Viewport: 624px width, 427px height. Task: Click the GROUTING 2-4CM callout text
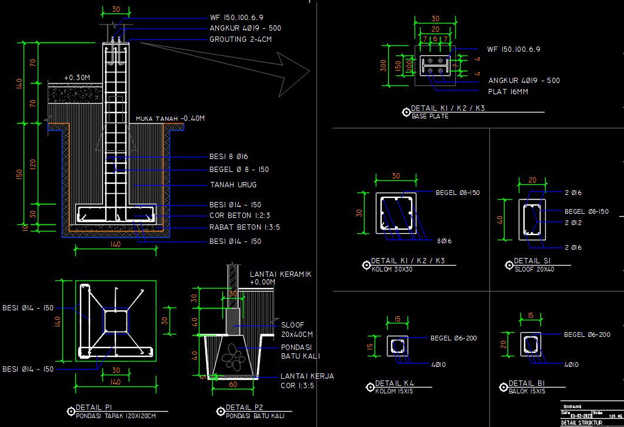tap(240, 39)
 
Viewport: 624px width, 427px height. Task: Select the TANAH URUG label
tap(233, 185)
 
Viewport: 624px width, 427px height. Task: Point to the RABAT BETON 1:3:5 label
tap(245, 227)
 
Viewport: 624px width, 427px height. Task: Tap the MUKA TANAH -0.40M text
tap(170, 118)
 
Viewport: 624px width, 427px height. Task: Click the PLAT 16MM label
tap(508, 92)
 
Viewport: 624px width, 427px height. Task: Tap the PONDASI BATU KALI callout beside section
tap(300, 352)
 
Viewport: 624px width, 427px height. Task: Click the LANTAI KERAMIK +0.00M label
tap(280, 278)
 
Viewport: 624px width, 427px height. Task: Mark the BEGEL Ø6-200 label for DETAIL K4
tap(453, 338)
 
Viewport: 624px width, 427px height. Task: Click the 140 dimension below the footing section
tap(115, 244)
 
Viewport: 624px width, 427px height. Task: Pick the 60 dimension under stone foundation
tap(233, 385)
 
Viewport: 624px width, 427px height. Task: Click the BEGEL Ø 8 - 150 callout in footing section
tap(239, 170)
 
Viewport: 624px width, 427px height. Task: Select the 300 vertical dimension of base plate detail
tap(384, 65)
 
